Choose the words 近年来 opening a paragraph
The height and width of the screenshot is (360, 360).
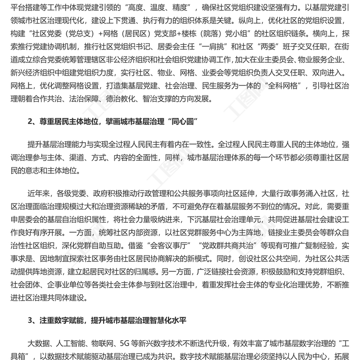39,194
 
